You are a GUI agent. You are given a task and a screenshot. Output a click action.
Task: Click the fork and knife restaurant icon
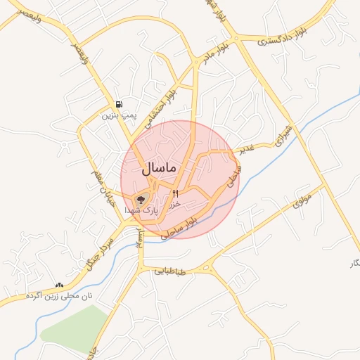[176, 193]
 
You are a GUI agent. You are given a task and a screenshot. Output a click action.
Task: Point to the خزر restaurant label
[176, 203]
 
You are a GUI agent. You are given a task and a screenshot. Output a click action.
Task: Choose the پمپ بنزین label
[117, 113]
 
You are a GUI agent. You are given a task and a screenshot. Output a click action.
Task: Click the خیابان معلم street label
[100, 181]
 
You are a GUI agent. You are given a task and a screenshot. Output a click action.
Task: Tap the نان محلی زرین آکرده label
[59, 297]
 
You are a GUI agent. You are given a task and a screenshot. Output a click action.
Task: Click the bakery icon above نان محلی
[59, 285]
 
